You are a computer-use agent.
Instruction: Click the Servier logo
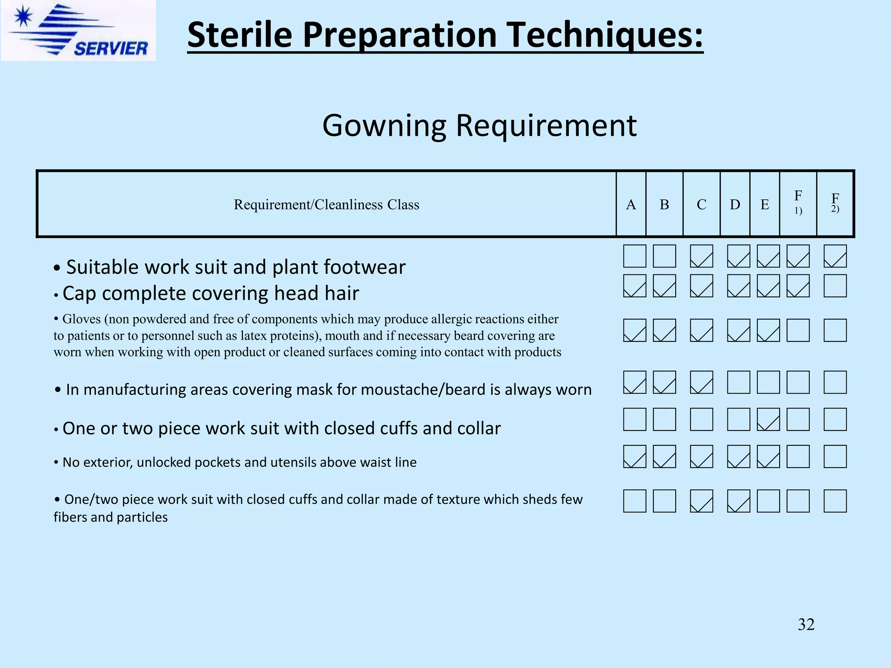78,30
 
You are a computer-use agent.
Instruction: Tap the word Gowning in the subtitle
385,126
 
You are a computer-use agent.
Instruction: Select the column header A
631,204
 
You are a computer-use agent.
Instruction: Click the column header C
701,204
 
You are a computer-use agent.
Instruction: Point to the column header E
764,204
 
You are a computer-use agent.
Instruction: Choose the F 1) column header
798,202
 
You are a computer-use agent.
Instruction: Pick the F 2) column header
835,203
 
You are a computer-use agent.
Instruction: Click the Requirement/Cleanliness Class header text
326,204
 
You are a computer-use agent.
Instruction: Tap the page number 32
806,625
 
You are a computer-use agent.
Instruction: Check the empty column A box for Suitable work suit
634,256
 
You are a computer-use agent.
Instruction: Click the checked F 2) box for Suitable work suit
835,256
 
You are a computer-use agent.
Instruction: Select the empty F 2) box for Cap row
835,286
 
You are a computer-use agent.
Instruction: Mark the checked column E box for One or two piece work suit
768,419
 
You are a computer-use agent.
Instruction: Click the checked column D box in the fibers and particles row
738,501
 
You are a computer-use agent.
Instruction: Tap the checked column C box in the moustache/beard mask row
701,382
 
